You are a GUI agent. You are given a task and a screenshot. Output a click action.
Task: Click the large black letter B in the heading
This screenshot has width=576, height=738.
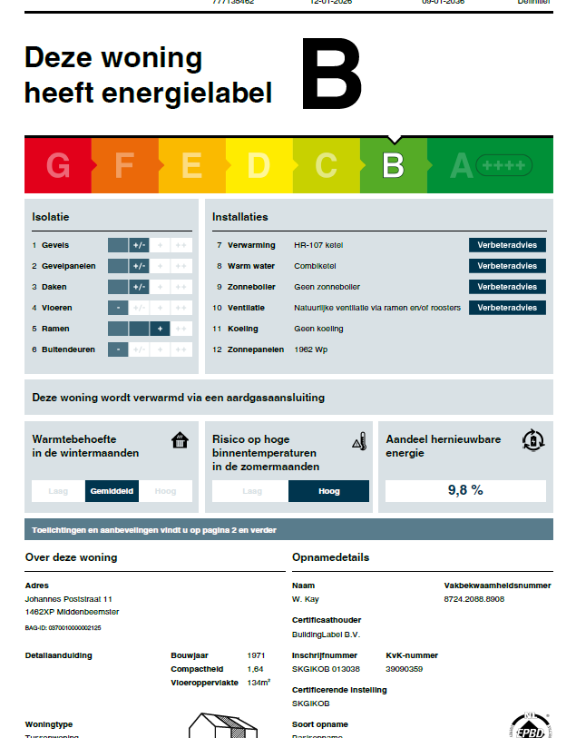(x=331, y=74)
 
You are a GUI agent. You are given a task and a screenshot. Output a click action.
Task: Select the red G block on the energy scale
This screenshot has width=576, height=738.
(x=58, y=165)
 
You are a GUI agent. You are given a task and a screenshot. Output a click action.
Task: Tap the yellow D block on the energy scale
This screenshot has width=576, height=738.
(x=259, y=165)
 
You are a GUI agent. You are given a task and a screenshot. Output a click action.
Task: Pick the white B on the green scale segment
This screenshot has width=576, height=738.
(x=393, y=165)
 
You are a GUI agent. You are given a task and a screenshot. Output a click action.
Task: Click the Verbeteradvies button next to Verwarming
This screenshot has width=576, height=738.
(x=507, y=245)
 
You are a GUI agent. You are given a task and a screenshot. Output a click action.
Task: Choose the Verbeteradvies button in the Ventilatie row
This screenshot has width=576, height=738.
(x=507, y=308)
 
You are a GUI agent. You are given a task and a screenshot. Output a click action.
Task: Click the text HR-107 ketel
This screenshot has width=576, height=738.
(x=318, y=245)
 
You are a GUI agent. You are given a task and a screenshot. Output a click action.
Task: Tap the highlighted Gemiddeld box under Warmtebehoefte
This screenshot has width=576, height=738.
(x=112, y=491)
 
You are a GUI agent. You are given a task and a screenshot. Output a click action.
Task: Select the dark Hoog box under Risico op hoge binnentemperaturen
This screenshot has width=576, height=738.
(x=328, y=491)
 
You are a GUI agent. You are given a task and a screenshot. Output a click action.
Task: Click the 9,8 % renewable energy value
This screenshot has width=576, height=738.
(x=465, y=490)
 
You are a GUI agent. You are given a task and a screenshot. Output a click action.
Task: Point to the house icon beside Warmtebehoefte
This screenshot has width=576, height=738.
(x=180, y=441)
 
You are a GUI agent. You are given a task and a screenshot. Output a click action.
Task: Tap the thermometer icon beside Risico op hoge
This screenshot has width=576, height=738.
(x=358, y=441)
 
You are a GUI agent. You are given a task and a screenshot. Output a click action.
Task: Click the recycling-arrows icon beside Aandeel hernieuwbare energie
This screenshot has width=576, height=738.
(x=533, y=440)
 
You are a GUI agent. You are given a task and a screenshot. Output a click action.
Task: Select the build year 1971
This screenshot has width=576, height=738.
(x=256, y=654)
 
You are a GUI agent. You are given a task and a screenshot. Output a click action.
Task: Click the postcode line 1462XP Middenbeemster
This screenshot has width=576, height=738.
(x=72, y=612)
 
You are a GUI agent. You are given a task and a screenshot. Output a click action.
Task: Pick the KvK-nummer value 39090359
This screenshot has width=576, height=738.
(x=403, y=669)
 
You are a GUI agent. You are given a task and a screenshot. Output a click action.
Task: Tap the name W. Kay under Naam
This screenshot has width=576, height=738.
(x=306, y=599)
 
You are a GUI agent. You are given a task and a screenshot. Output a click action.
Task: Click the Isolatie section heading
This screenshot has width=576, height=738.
(x=51, y=217)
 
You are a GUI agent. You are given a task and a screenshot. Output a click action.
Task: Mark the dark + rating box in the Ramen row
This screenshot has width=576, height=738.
(x=160, y=329)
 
